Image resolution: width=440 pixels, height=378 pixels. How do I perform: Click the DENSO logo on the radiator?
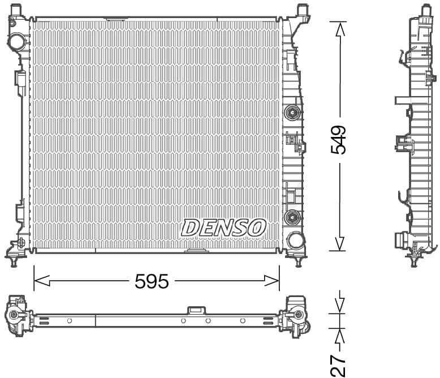click(x=223, y=227)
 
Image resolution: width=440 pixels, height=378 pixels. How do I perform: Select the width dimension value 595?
click(x=152, y=281)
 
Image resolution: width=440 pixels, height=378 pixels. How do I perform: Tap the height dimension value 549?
click(x=339, y=139)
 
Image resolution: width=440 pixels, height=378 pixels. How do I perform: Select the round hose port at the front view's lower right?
click(x=295, y=240)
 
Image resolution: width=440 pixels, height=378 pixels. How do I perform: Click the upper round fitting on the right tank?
click(x=292, y=112)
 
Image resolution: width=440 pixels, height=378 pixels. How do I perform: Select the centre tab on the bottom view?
click(x=196, y=310)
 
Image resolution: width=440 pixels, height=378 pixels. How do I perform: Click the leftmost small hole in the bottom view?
click(x=70, y=321)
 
